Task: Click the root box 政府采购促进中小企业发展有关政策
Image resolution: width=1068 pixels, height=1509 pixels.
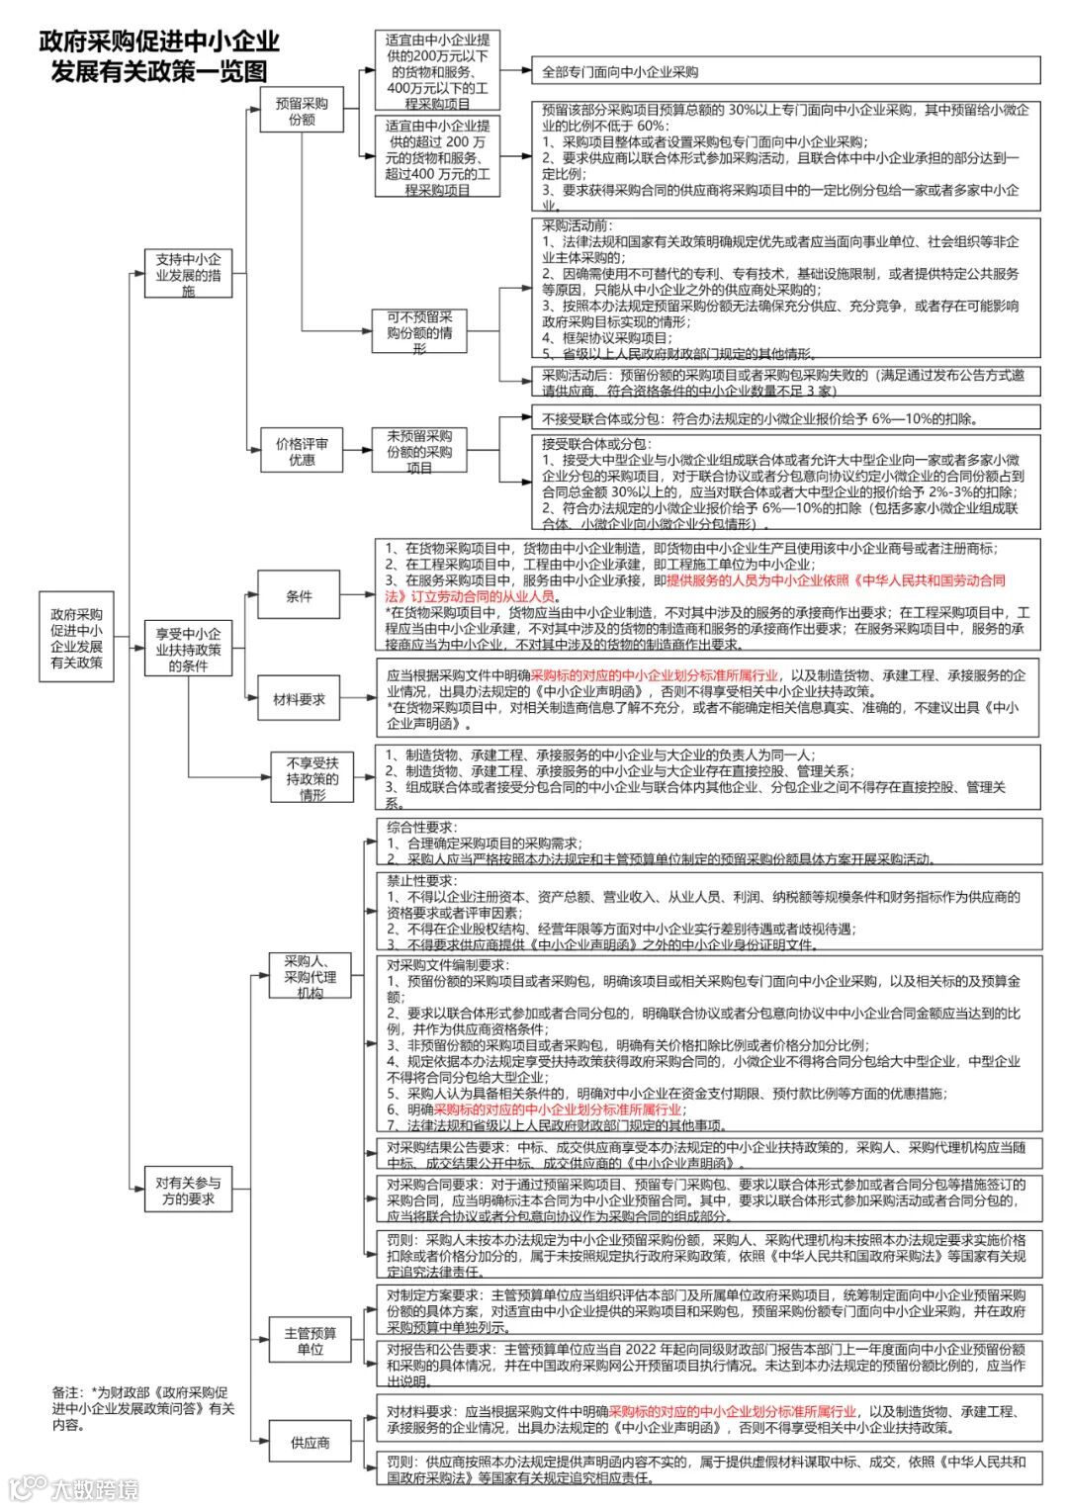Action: point(77,638)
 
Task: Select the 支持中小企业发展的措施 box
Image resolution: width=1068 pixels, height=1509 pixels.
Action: point(188,274)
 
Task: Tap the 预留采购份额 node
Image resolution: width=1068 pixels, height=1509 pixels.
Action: point(302,110)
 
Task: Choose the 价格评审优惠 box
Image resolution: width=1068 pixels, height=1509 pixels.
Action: point(302,452)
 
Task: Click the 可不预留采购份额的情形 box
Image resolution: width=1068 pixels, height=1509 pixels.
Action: point(419,332)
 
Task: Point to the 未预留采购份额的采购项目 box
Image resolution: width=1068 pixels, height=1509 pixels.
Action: point(419,451)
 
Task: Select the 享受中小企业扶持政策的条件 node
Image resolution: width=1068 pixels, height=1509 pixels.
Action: point(188,649)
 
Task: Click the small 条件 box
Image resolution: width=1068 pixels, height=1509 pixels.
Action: point(299,596)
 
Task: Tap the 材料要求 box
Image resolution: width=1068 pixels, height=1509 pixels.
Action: point(299,699)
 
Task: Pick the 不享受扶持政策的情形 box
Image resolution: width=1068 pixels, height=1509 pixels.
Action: point(312,777)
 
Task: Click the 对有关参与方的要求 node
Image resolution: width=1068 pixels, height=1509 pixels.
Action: point(188,1191)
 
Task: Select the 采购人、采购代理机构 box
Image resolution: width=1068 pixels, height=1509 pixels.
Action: point(310,976)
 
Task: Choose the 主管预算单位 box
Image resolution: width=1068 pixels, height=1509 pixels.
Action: point(310,1341)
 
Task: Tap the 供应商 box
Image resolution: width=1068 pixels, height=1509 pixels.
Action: point(310,1443)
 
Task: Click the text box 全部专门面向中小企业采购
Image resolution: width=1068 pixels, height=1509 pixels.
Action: point(785,71)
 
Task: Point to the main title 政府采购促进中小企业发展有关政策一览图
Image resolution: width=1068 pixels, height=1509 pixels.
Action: point(159,55)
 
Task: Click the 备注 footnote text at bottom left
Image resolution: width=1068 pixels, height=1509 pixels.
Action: point(143,1408)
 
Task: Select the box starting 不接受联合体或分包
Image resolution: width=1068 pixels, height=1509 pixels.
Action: point(785,417)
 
